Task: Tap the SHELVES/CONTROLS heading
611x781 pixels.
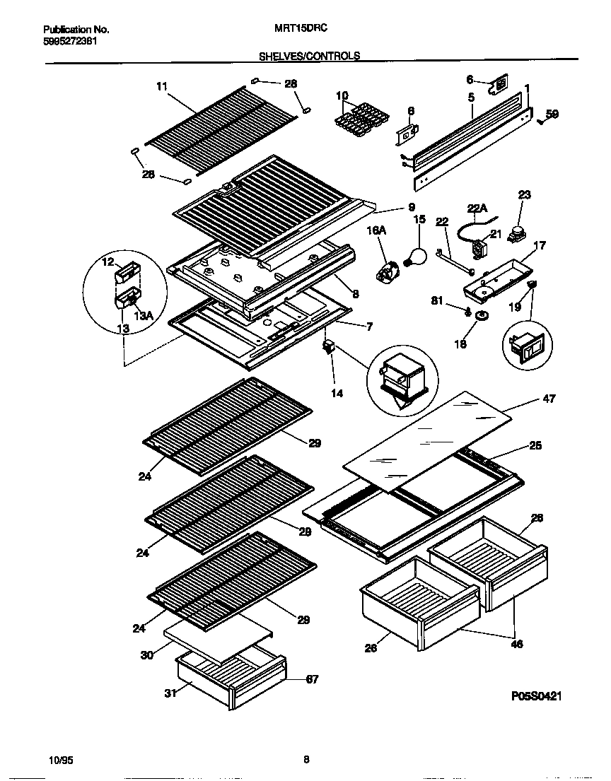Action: [x=309, y=55]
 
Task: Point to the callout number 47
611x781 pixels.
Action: [x=548, y=399]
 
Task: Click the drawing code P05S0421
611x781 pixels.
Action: [x=535, y=696]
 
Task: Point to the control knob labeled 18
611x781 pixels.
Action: [x=482, y=316]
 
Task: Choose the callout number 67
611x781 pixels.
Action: [x=311, y=679]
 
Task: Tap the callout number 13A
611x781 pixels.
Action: [x=144, y=317]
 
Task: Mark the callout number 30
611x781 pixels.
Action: [x=146, y=655]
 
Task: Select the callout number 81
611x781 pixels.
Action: [x=438, y=301]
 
